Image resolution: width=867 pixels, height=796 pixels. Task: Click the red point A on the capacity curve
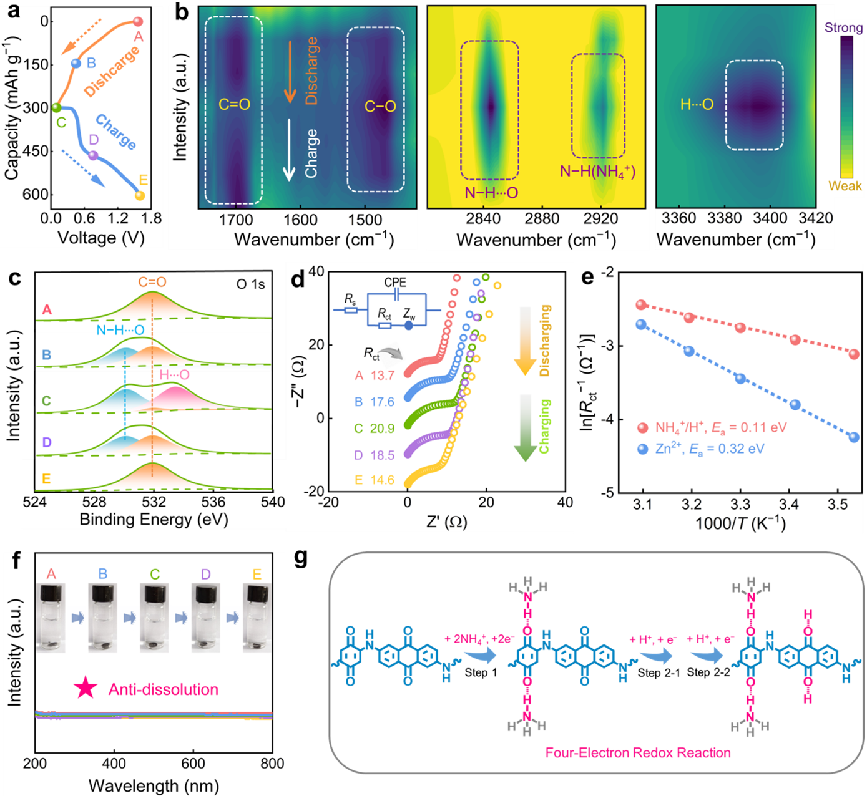(x=138, y=22)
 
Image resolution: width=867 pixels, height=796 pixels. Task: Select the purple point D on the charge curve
(x=92, y=155)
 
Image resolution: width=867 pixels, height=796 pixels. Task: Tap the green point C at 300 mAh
(x=56, y=108)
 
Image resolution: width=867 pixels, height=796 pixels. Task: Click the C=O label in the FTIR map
(x=234, y=105)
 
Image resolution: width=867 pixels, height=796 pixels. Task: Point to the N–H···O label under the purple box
(x=491, y=193)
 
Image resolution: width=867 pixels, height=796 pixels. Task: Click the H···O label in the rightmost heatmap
(x=697, y=105)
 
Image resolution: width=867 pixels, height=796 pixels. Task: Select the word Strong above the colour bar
(x=843, y=27)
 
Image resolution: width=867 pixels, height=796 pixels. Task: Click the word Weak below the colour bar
(x=845, y=186)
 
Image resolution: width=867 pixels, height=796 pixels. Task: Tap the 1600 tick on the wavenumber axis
(x=300, y=220)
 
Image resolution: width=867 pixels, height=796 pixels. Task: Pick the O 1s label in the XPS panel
(x=250, y=284)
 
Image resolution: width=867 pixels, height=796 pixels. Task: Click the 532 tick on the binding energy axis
(x=154, y=502)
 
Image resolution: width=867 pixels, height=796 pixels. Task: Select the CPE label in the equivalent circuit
(x=395, y=283)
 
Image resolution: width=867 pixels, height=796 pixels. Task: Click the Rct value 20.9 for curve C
(x=383, y=429)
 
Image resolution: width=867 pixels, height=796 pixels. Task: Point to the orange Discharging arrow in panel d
(x=525, y=341)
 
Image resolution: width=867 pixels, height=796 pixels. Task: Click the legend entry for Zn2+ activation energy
(x=702, y=449)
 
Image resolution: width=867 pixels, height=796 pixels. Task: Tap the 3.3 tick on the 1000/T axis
(x=740, y=504)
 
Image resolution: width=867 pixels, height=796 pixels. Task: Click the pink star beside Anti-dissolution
(x=86, y=689)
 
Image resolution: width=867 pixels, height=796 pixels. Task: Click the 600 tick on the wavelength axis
(x=193, y=764)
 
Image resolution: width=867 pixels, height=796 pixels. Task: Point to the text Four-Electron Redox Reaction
(x=638, y=753)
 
